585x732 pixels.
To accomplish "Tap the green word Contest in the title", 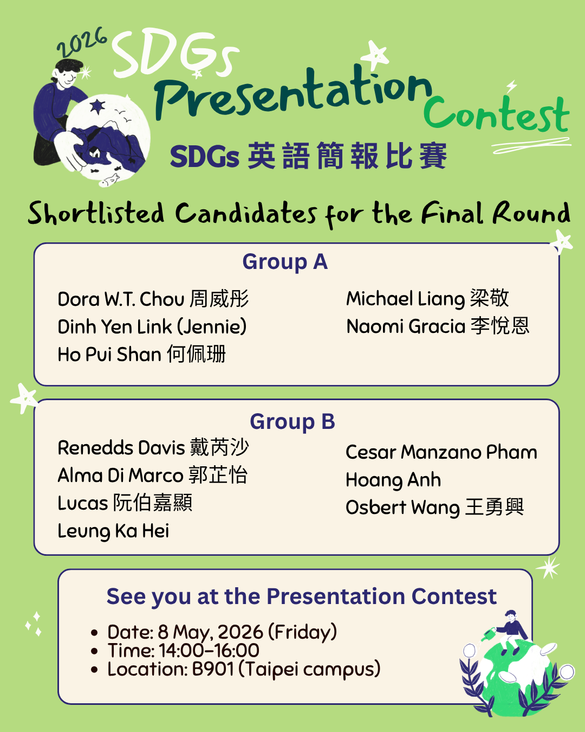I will (x=496, y=115).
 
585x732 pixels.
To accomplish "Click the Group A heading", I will (x=285, y=262).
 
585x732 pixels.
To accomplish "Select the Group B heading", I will (x=292, y=422).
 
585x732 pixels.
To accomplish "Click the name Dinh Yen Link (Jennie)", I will (x=152, y=327).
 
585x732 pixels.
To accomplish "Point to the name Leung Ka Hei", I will (x=113, y=531).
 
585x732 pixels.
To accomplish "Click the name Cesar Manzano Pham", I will (x=441, y=452).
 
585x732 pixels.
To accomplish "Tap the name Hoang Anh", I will (x=393, y=480).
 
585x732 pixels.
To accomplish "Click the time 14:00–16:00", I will (x=209, y=651).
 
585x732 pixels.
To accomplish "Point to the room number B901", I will (x=213, y=669).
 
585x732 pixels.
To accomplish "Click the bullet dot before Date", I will (x=95, y=633).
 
